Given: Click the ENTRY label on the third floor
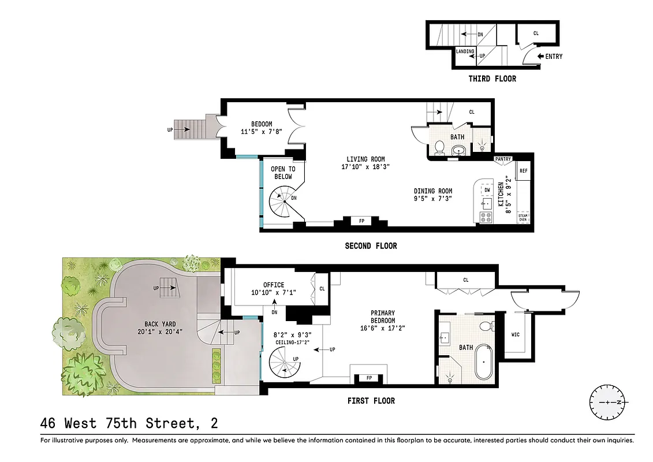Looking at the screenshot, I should [554, 57].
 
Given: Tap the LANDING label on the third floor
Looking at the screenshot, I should [465, 52].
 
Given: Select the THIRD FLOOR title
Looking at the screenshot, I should [492, 79].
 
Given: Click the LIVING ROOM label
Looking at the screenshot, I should [365, 159].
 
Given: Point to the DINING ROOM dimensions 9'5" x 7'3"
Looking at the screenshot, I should [433, 199].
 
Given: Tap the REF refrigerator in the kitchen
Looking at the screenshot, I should [524, 171].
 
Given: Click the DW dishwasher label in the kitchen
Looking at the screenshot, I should [487, 189].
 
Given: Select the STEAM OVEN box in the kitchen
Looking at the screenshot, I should [523, 217].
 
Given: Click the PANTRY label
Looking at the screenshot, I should [503, 159].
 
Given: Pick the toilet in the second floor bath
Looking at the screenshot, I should [439, 148].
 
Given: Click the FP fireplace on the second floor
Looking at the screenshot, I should [361, 221].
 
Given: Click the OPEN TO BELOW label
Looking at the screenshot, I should [283, 173].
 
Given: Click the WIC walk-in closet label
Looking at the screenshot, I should [516, 334].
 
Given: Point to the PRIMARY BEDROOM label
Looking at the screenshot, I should [383, 317].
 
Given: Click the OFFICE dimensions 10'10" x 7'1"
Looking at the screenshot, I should [273, 293].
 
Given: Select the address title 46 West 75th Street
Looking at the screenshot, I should [129, 423].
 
